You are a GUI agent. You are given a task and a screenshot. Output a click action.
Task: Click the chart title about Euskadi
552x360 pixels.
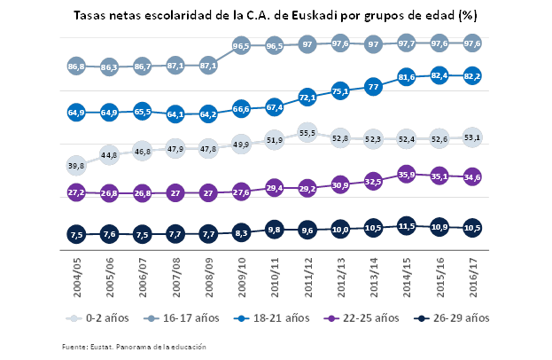pos(276,15)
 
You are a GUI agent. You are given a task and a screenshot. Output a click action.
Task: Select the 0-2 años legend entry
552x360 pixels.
pos(100,317)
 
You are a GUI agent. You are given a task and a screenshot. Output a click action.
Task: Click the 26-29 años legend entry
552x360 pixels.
pos(454,317)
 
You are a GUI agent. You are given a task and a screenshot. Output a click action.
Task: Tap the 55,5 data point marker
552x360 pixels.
pos(307,133)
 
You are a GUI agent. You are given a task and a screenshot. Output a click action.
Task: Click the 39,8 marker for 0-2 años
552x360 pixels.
pos(76,166)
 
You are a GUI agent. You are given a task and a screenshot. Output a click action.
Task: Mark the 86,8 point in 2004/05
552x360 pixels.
pos(76,66)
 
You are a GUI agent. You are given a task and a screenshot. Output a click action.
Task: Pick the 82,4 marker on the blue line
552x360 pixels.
pos(439,76)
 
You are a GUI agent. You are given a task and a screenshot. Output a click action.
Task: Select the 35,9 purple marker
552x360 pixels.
pos(407,175)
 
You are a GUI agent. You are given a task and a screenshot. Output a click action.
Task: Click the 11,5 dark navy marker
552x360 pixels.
pos(407,226)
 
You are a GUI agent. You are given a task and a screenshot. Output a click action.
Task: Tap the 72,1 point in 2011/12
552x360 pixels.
pos(307,97)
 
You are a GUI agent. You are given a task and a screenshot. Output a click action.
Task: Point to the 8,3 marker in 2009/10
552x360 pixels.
pos(241,232)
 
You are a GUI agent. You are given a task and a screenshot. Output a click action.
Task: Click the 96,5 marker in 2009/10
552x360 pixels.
pos(241,45)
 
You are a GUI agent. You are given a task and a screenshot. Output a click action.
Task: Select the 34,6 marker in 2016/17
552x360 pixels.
pos(473,177)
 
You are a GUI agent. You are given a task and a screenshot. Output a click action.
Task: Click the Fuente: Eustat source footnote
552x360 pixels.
pos(134,347)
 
